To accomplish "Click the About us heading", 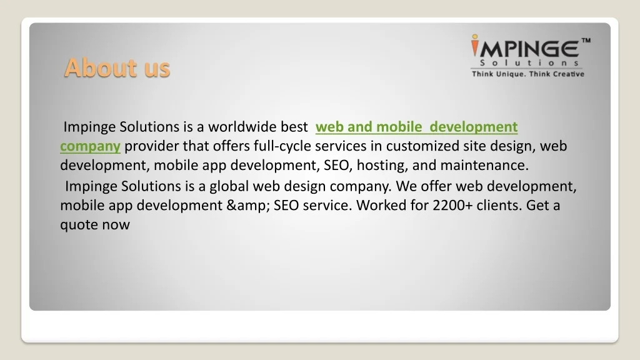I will pyautogui.click(x=117, y=67).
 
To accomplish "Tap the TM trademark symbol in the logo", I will pyautogui.click(x=586, y=41).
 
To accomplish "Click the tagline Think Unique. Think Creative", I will pyautogui.click(x=527, y=74).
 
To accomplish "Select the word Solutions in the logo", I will pyautogui.click(x=528, y=62).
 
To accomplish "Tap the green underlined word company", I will pyautogui.click(x=90, y=146).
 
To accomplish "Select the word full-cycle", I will pyautogui.click(x=284, y=146).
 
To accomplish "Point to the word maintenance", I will pyautogui.click(x=484, y=166).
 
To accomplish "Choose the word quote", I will pyautogui.click(x=78, y=224).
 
